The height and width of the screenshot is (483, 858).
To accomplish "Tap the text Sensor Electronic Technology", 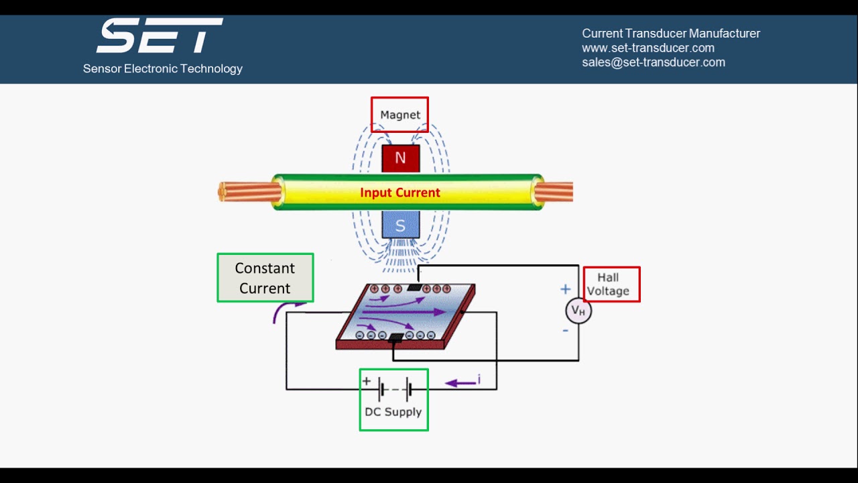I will click(x=163, y=68).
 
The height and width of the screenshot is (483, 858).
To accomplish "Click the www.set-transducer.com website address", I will click(x=648, y=48).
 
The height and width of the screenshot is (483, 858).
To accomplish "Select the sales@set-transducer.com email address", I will click(x=653, y=62).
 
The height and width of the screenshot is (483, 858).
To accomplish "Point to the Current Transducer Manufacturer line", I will click(x=670, y=34).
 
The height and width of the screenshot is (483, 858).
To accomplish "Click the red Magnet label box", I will click(x=400, y=115).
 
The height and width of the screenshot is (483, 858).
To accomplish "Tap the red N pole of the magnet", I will click(x=400, y=158).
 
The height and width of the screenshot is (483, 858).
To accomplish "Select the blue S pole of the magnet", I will click(x=400, y=225).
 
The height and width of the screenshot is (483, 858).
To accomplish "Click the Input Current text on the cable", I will click(x=400, y=193).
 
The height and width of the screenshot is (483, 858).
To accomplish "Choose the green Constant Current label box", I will click(x=265, y=278).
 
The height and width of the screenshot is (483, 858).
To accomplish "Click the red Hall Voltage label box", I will click(x=611, y=284).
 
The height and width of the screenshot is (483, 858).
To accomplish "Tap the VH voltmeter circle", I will click(x=578, y=311).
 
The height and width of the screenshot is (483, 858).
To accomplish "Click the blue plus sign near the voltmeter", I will click(x=565, y=289).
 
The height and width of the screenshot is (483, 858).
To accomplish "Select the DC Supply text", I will click(x=393, y=412).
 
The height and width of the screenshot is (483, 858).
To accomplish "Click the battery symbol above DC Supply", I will click(x=394, y=388).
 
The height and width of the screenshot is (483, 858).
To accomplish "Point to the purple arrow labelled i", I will click(x=463, y=382).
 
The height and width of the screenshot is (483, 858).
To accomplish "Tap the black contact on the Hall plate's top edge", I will click(x=415, y=288).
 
